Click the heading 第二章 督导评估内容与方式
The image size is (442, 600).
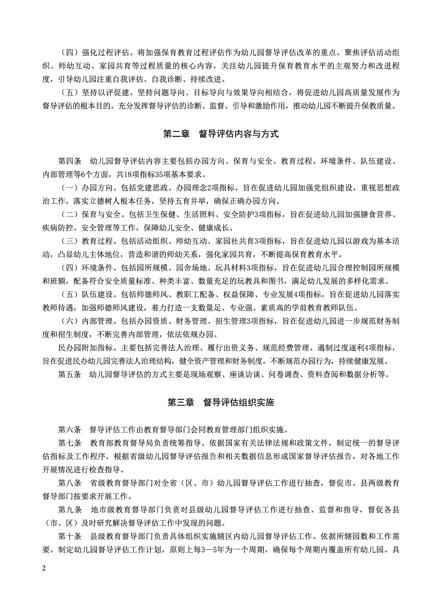coord(221,134)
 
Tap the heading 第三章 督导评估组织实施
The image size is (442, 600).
coord(221,402)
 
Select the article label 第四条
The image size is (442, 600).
coord(69,162)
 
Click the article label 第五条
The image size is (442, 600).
coord(69,374)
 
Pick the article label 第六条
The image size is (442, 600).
coord(69,430)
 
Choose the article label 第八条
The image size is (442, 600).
coord(69,483)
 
